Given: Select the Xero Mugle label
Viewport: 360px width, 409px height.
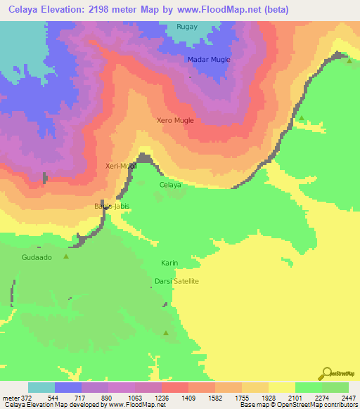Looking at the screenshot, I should pos(175,121).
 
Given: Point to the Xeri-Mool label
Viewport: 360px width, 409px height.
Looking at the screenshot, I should pos(120,166).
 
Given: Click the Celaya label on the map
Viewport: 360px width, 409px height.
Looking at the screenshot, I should pos(170,185).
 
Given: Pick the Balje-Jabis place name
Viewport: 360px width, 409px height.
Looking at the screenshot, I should pos(108,207).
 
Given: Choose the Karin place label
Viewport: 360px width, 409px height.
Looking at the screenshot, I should pos(169,263).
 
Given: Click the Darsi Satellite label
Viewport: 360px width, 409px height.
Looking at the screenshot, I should pos(177,281).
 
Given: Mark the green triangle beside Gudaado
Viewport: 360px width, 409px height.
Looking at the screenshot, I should pos(67,257).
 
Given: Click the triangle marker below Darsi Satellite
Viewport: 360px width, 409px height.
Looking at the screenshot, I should pos(166,333).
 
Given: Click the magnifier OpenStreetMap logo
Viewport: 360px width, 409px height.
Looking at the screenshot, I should pos(326,372).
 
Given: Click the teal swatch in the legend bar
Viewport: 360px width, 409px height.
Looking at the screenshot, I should pos(41,387).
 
